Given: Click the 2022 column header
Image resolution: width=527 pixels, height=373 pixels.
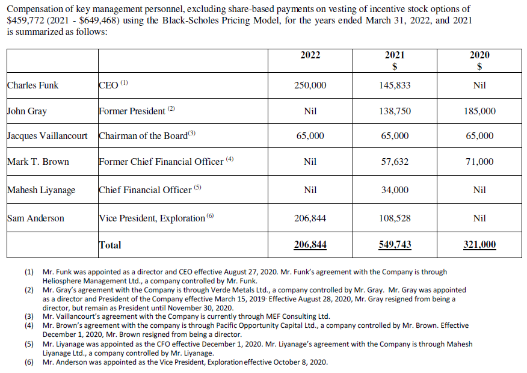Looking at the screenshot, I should click(310, 55).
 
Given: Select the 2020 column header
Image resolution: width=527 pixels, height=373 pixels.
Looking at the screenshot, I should click(479, 55).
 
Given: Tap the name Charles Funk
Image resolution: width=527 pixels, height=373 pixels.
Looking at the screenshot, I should click(33, 85).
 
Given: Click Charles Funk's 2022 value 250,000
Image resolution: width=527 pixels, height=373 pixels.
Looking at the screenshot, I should click(310, 85).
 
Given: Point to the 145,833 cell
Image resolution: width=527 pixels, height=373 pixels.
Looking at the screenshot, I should click(395, 85).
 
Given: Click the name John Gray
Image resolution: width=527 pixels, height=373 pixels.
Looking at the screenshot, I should click(27, 111).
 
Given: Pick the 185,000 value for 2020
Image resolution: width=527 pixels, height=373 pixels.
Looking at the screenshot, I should click(479, 111).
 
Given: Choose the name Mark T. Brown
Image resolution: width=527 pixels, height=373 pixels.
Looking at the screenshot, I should click(38, 162).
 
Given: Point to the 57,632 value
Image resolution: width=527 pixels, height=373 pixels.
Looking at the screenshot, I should click(395, 162).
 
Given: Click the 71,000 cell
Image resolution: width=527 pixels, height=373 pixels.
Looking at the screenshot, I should click(479, 162).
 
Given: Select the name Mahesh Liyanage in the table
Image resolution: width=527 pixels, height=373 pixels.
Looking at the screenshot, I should click(42, 190).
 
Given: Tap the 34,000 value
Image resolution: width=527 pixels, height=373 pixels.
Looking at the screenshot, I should click(395, 190).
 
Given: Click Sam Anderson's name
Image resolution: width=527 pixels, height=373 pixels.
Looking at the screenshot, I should click(35, 218).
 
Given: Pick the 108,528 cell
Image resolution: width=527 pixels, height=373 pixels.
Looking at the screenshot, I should click(395, 218).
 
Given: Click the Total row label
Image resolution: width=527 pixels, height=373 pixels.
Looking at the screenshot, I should click(110, 245).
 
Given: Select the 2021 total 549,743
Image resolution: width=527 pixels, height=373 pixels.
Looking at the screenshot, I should click(395, 245).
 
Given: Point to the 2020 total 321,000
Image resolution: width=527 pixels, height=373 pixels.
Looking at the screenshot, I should click(479, 245).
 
